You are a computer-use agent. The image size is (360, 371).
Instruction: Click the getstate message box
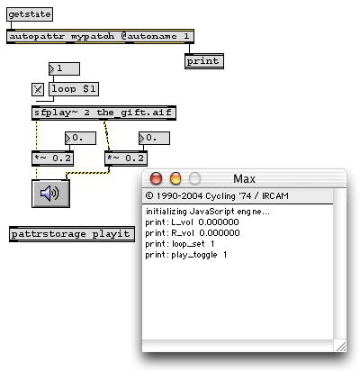click(x=30, y=14)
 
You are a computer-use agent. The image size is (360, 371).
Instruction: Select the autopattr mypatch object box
click(x=100, y=37)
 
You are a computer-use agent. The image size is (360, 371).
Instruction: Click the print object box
click(x=204, y=61)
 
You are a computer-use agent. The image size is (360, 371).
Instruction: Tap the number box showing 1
click(x=64, y=68)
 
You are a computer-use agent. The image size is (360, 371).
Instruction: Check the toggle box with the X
click(x=38, y=89)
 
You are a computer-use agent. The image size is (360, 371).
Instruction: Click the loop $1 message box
click(x=74, y=89)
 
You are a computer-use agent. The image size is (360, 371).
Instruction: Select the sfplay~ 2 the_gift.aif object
click(x=103, y=113)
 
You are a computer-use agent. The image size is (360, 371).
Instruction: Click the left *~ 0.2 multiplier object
click(x=53, y=158)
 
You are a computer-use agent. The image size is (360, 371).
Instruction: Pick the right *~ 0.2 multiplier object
click(x=126, y=158)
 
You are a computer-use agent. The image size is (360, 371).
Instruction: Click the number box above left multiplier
click(x=80, y=138)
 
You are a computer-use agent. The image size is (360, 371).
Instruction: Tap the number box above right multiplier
click(x=154, y=138)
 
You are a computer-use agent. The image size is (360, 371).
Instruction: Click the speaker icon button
click(x=51, y=194)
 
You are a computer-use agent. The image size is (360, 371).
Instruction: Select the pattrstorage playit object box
click(x=72, y=234)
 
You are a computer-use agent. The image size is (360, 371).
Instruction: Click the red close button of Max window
click(x=156, y=178)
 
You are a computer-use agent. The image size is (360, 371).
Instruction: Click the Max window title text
click(x=244, y=179)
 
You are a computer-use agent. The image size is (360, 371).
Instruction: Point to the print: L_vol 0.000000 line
click(x=192, y=222)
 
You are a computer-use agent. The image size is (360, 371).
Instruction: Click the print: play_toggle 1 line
click(x=186, y=255)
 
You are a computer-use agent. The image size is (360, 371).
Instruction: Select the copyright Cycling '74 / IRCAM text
click(x=217, y=196)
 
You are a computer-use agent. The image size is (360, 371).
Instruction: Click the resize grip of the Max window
click(x=340, y=347)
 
